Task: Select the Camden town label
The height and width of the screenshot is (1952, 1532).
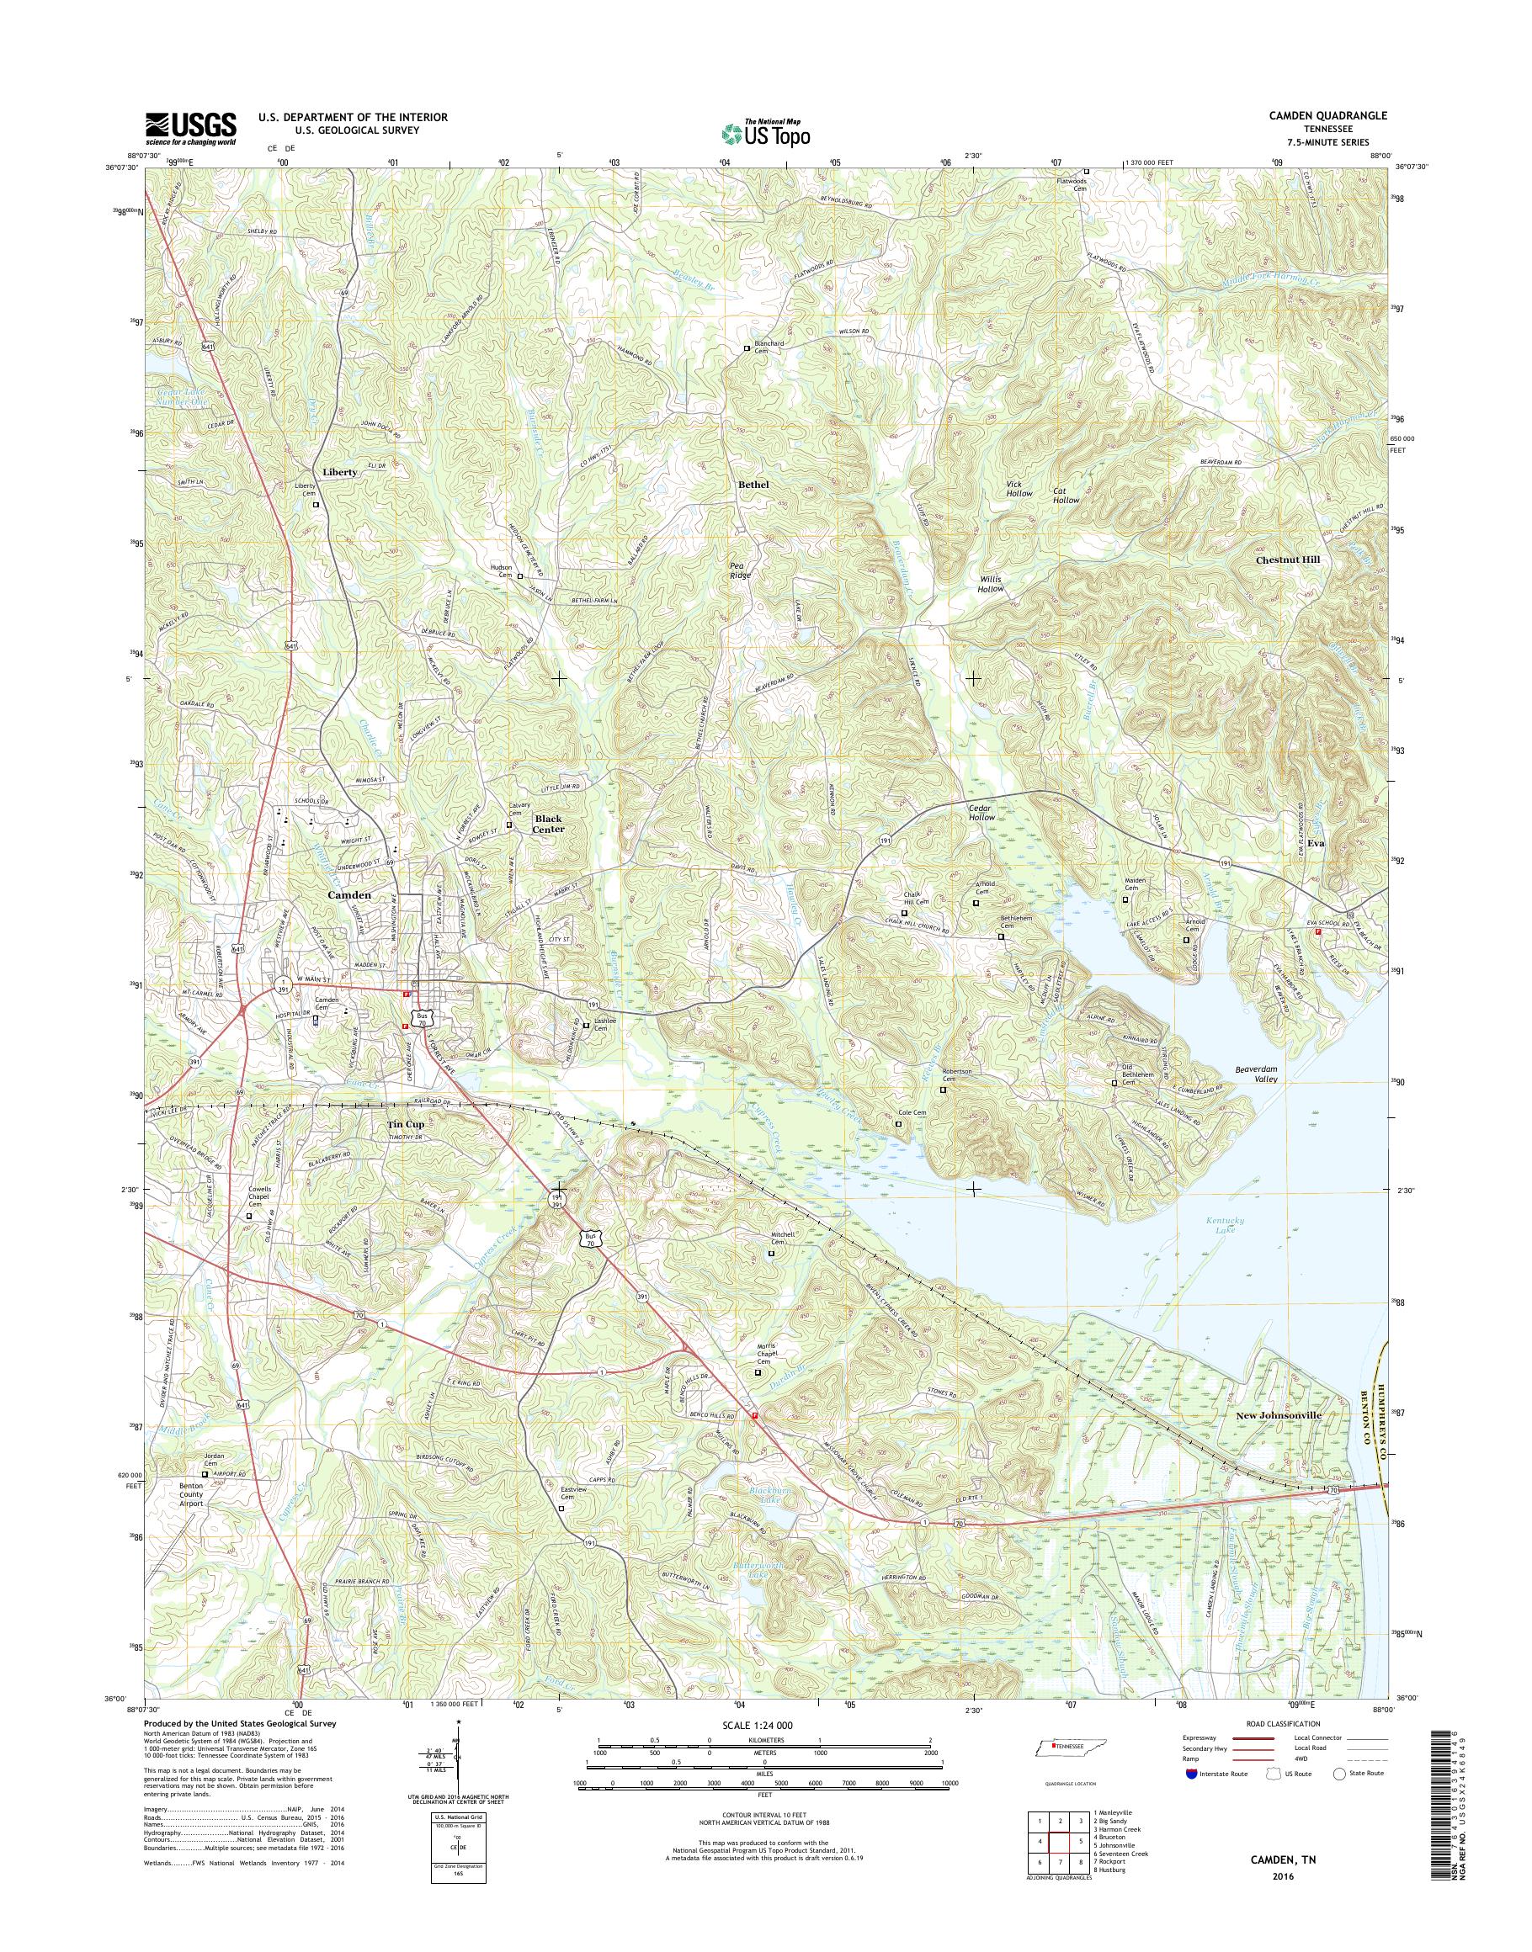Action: pos(349,895)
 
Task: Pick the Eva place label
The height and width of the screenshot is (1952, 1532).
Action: pos(1315,844)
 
